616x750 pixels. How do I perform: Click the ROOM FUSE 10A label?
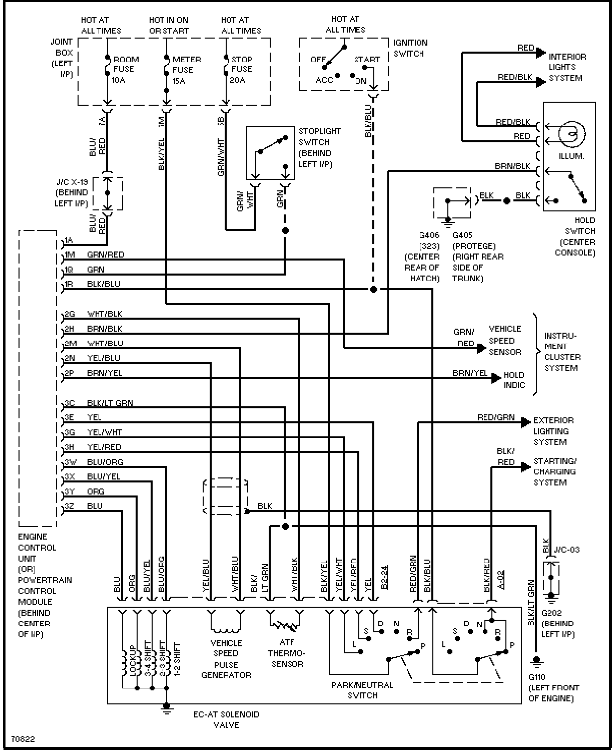[126, 70]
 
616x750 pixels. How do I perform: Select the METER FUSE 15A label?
[186, 70]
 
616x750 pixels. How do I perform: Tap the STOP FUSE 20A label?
[242, 70]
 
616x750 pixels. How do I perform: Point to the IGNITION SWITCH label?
[410, 48]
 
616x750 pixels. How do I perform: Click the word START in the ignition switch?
[367, 60]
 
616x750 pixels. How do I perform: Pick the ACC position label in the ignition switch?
[324, 80]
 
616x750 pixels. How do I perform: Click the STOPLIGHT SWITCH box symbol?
[271, 153]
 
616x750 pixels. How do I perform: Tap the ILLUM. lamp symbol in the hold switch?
[571, 134]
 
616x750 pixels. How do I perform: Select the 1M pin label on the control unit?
[70, 255]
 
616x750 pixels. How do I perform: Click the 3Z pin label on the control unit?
[69, 506]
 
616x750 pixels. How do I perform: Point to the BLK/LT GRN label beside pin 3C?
[110, 403]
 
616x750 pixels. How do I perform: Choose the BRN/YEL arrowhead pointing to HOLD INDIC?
[496, 378]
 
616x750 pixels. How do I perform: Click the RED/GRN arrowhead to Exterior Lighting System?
[526, 422]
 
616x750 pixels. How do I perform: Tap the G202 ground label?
[551, 612]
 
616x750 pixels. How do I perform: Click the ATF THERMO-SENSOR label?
[287, 653]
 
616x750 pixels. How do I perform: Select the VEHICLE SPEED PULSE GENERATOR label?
[226, 659]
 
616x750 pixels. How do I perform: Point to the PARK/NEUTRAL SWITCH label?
[362, 690]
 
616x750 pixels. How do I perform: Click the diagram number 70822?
[23, 739]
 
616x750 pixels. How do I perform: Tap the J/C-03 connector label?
[567, 550]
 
